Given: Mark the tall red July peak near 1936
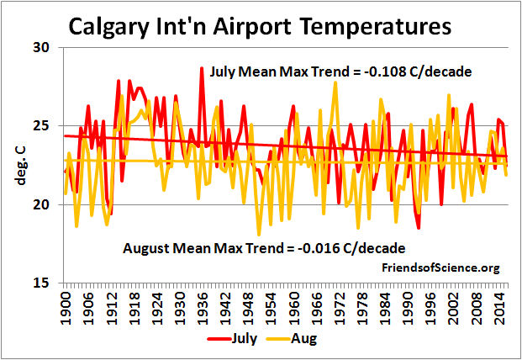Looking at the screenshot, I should pyautogui.click(x=202, y=68).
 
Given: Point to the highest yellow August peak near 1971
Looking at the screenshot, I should pyautogui.click(x=335, y=82).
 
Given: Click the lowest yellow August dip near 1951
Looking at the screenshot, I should pyautogui.click(x=259, y=235).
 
